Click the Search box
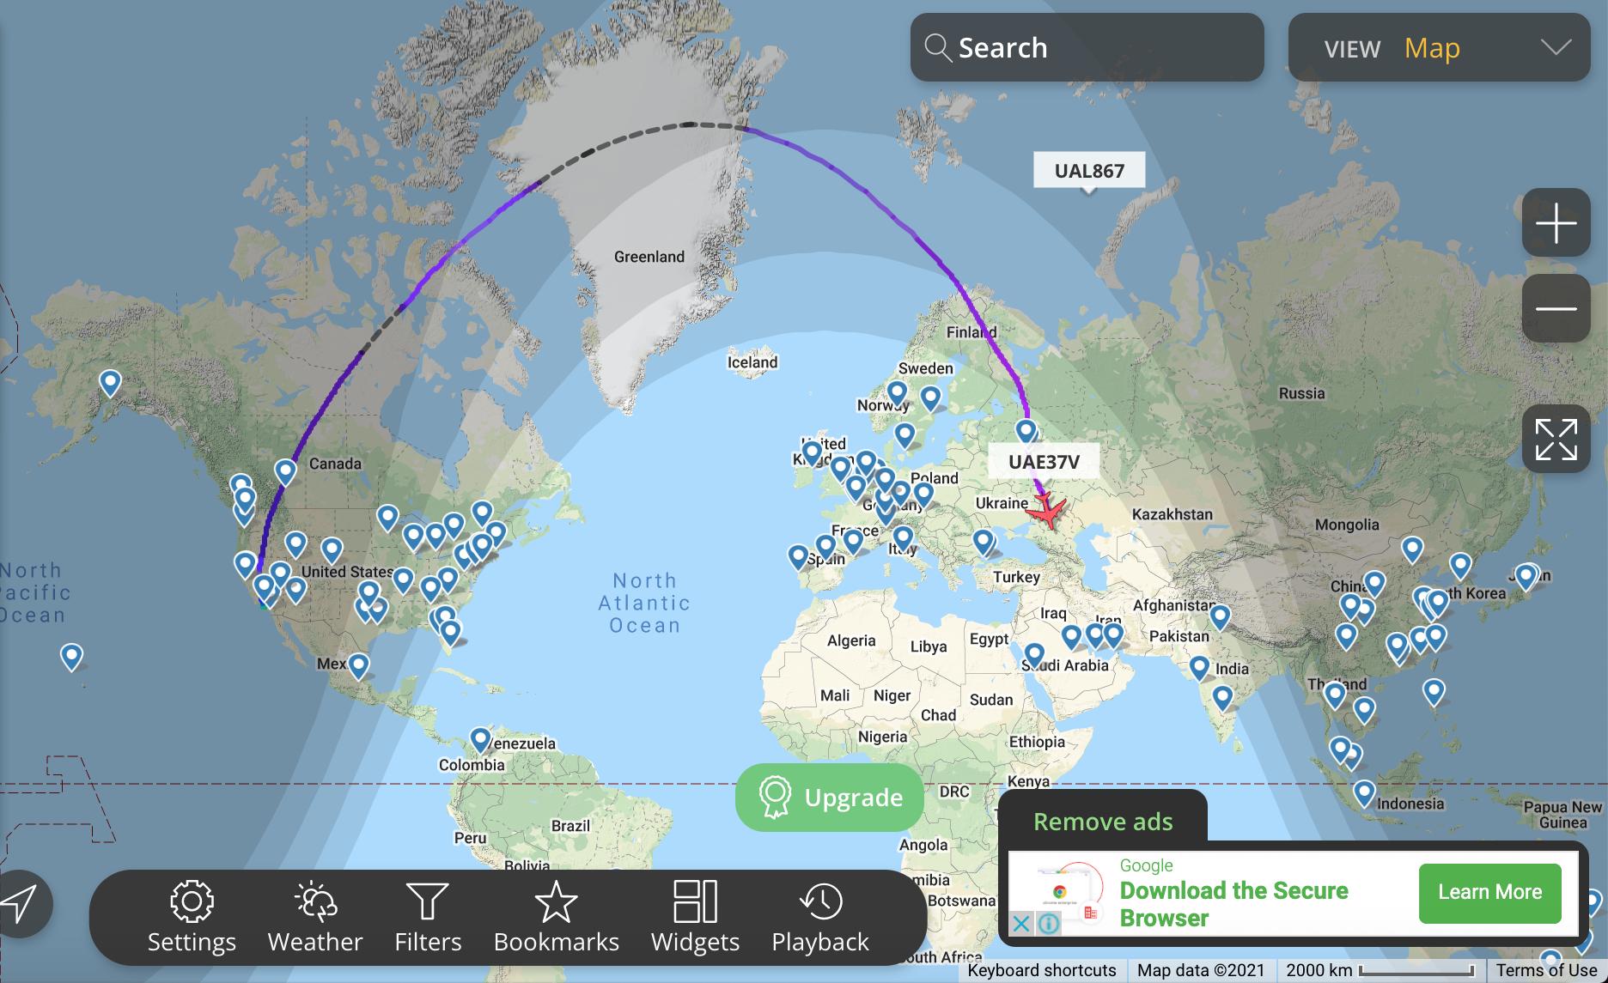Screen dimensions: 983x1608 point(1087,47)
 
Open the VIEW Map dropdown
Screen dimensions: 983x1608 point(1439,48)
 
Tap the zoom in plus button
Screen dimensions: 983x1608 point(1556,223)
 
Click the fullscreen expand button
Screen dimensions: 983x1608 point(1556,439)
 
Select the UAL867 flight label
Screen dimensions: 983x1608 point(1088,171)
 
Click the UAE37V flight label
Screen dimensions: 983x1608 point(1044,462)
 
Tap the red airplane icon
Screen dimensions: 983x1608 point(1047,512)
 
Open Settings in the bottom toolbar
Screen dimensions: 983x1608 point(192,917)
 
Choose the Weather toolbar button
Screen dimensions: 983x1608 point(315,917)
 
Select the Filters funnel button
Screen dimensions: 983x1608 point(428,917)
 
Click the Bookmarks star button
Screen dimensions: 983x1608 point(556,917)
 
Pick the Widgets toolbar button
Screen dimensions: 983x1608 point(695,917)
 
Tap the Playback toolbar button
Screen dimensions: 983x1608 point(820,917)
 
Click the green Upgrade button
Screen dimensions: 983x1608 point(829,798)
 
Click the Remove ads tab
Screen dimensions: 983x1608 point(1102,822)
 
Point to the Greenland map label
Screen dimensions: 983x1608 point(649,257)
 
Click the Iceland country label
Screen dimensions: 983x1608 point(752,362)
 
